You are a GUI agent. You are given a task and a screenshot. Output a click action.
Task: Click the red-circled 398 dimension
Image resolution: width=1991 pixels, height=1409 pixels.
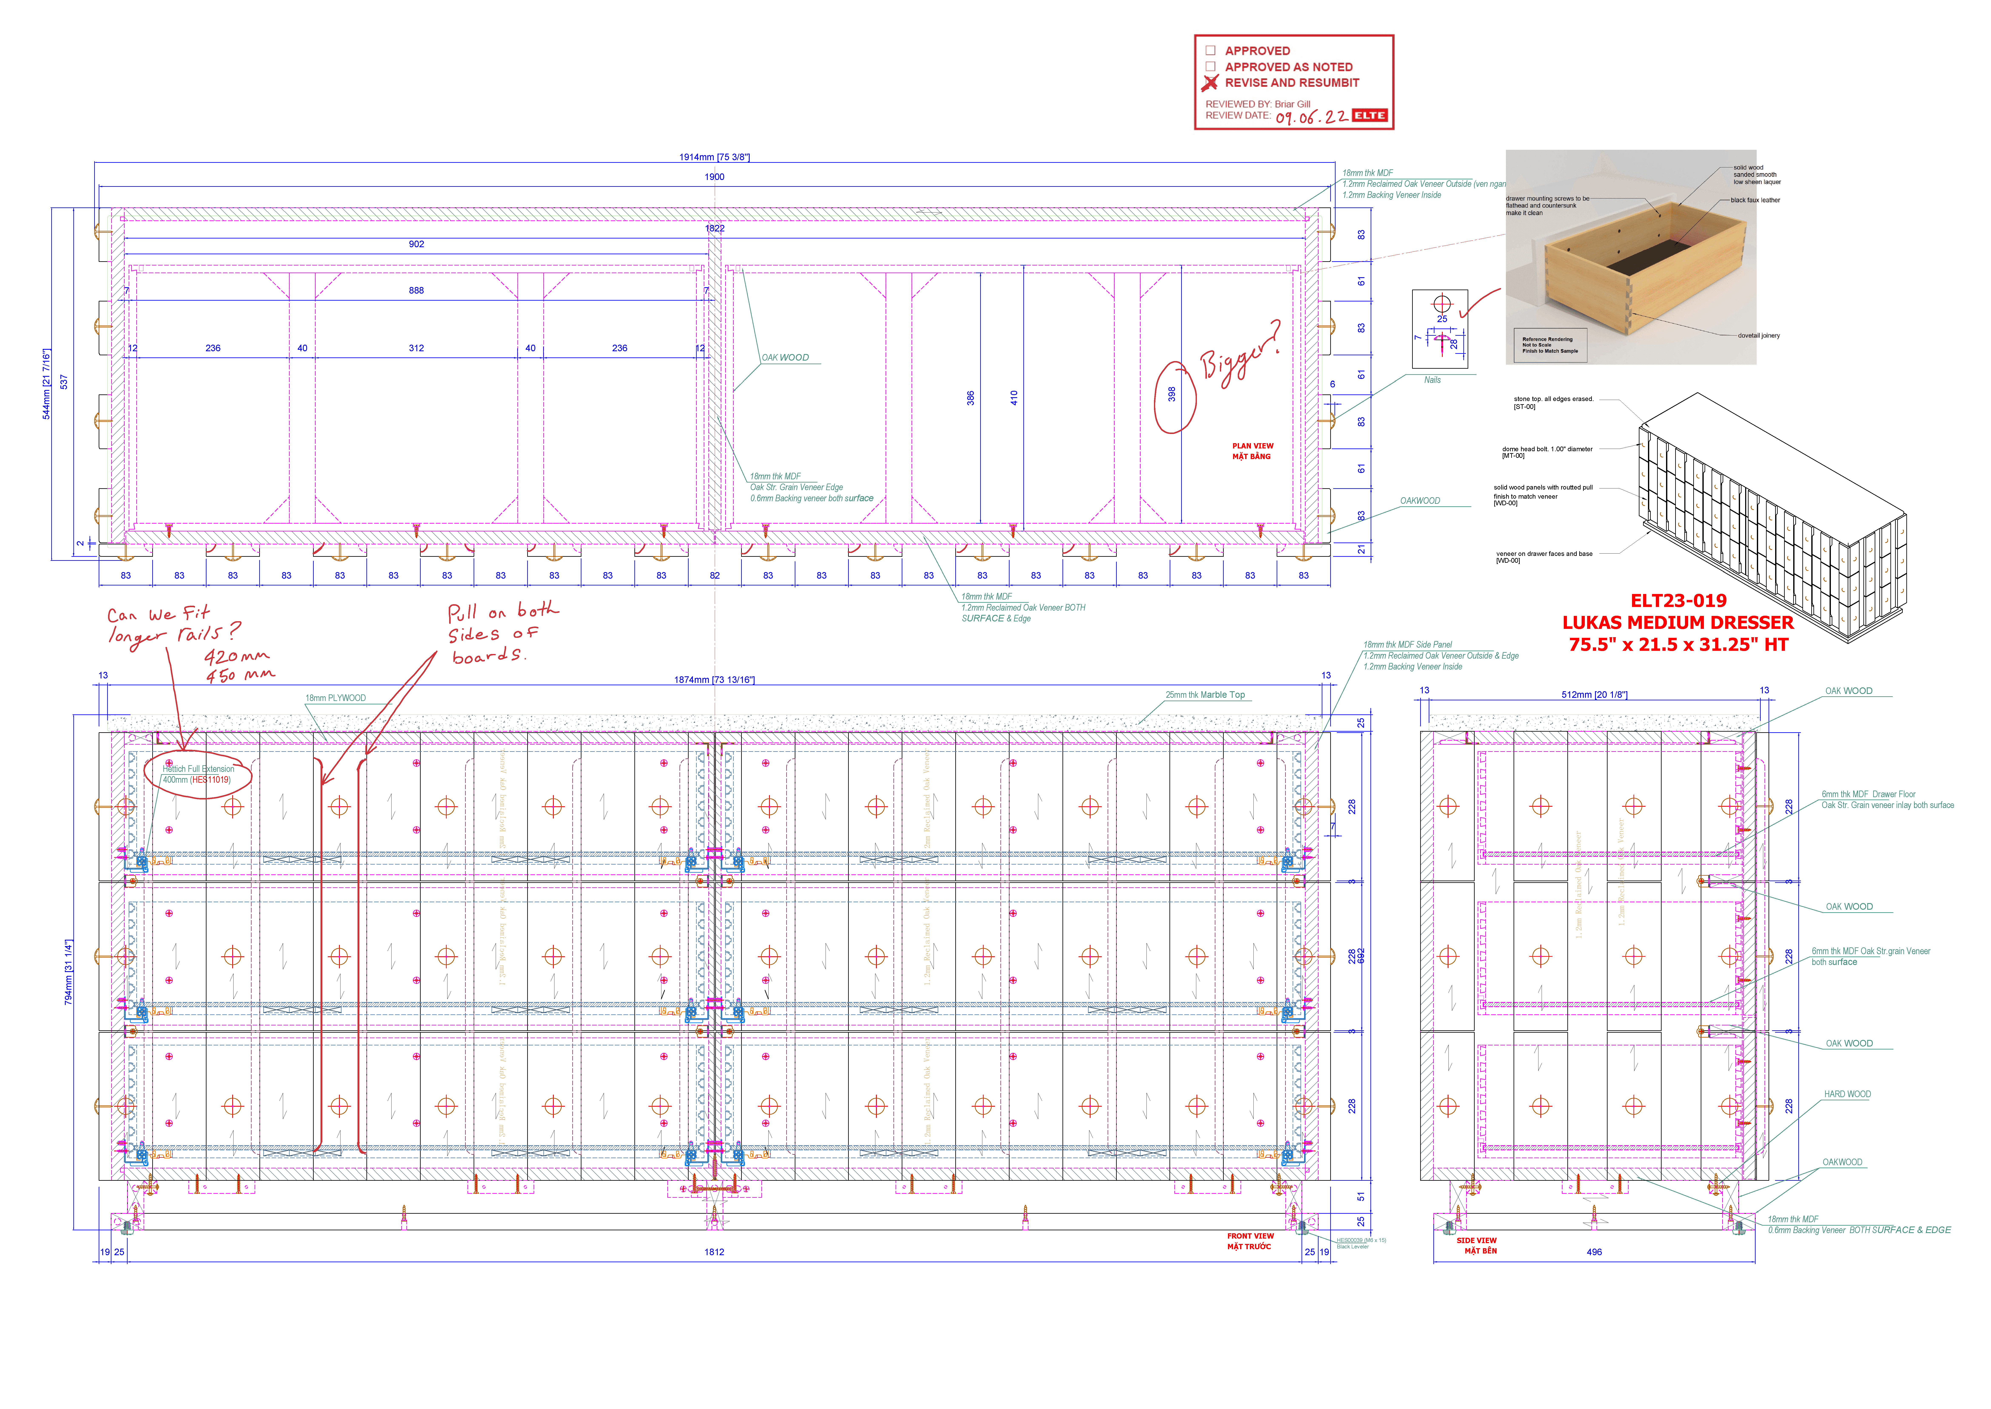pos(1172,395)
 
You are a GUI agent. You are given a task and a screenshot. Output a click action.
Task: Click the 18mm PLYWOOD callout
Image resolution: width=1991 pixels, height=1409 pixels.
pos(336,698)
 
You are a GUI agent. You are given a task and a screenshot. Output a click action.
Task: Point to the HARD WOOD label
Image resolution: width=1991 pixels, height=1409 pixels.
pos(1847,1094)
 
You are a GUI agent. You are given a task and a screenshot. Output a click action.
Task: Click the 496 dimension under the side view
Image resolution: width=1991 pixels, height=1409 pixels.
pos(1594,1252)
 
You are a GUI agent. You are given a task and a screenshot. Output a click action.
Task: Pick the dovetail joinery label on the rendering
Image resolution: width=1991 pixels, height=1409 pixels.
pos(1759,336)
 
